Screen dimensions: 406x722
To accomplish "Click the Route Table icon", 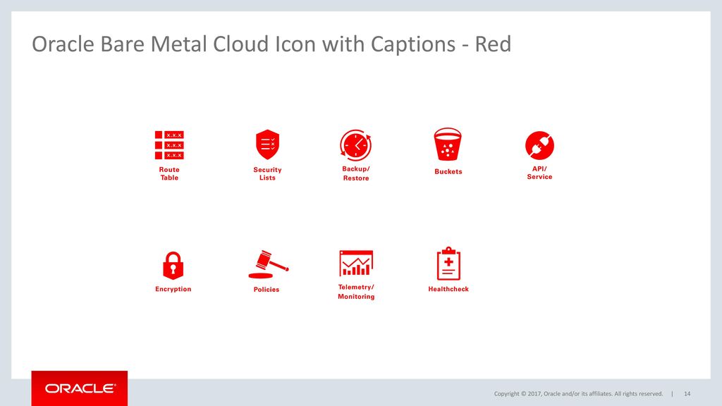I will (x=169, y=145).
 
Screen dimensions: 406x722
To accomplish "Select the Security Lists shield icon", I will (x=267, y=144).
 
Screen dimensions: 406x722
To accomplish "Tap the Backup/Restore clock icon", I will (x=355, y=145).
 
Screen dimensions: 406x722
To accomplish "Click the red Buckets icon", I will (x=448, y=144).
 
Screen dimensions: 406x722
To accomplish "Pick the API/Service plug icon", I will (x=539, y=145).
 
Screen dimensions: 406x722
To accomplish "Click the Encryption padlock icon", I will (x=173, y=265).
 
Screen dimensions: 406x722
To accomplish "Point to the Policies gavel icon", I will (x=267, y=264).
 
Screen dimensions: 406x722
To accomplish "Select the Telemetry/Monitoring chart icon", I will (x=355, y=263).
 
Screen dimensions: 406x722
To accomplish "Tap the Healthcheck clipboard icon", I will (x=448, y=264).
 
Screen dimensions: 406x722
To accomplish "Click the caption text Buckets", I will (x=448, y=172).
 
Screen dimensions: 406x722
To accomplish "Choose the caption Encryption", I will (x=173, y=289).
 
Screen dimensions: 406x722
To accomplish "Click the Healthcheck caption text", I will (x=448, y=289).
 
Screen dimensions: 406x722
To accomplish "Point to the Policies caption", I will (x=267, y=290).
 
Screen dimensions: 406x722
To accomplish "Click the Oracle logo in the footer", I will (x=80, y=388).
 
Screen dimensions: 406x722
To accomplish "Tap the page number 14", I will (x=687, y=393).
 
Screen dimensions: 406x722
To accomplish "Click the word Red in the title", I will (x=493, y=45).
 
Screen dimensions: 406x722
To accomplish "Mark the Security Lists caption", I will (x=267, y=173).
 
